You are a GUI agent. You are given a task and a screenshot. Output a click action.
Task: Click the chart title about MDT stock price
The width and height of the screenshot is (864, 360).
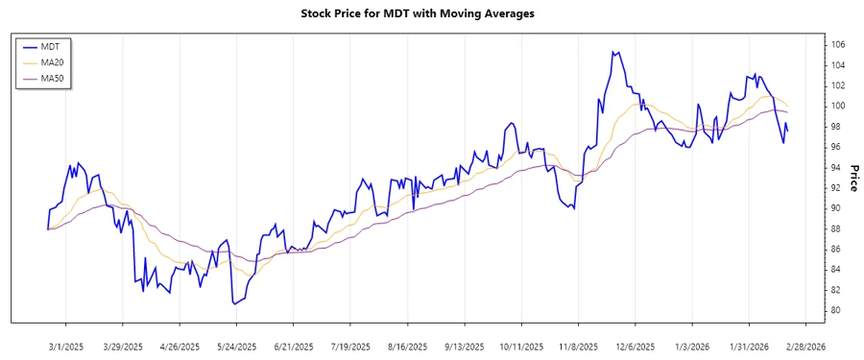[x=431, y=13]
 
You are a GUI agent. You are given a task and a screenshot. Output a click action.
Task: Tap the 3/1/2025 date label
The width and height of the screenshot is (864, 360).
[x=66, y=347]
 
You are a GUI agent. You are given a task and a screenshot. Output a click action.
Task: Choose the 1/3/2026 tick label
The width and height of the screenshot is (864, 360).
[x=692, y=347]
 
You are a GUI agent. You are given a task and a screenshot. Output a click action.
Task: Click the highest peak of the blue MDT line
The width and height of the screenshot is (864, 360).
[x=612, y=52]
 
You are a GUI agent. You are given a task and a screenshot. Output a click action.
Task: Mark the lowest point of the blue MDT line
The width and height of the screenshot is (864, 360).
[x=233, y=303]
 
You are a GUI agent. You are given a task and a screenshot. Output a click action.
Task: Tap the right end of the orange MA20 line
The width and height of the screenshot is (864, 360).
[x=788, y=106]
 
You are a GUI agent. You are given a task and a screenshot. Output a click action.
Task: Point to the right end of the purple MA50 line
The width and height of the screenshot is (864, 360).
[x=788, y=112]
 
